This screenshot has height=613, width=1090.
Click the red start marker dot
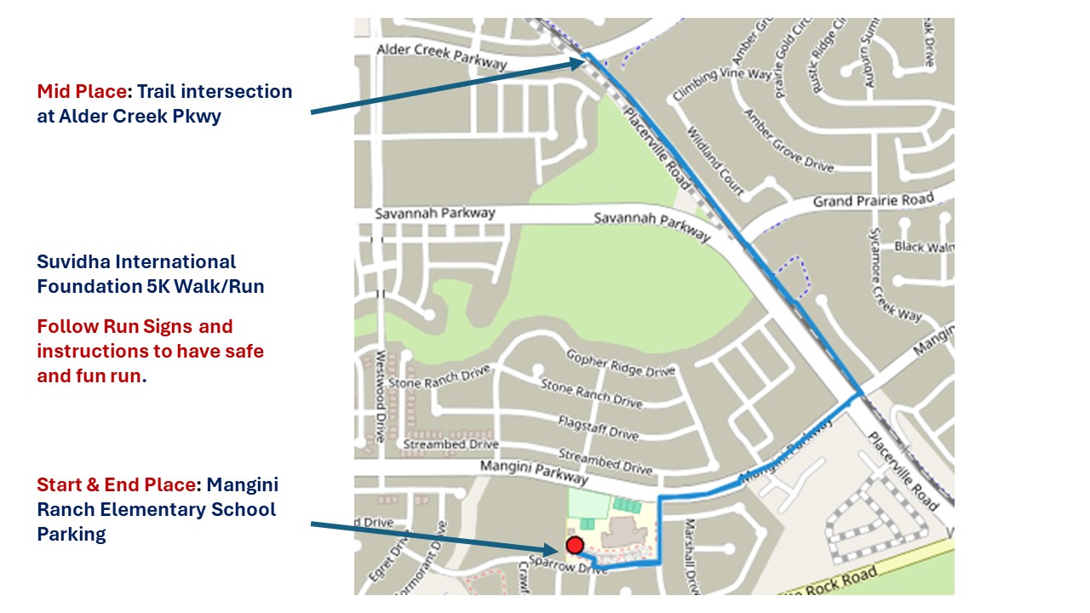[x=575, y=545]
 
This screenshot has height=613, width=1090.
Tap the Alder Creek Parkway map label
[x=441, y=56]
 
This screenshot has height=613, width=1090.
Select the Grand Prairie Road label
[x=873, y=201]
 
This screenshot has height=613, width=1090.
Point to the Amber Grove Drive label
[x=789, y=141]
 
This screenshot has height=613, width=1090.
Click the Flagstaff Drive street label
[x=598, y=427]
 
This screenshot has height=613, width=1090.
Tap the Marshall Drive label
[x=691, y=556]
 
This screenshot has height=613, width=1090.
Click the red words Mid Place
[x=82, y=91]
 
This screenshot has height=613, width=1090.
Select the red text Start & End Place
[x=116, y=484]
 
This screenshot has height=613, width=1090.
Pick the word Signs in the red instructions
[x=172, y=326]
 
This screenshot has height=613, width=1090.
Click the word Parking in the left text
[x=72, y=534]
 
